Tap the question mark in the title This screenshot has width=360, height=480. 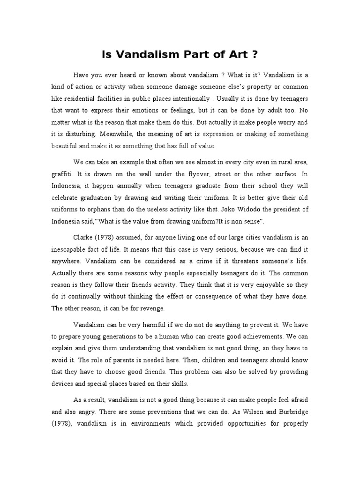click(x=255, y=55)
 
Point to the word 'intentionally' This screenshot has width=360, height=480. click(x=187, y=99)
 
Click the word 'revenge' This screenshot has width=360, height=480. click(x=151, y=308)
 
